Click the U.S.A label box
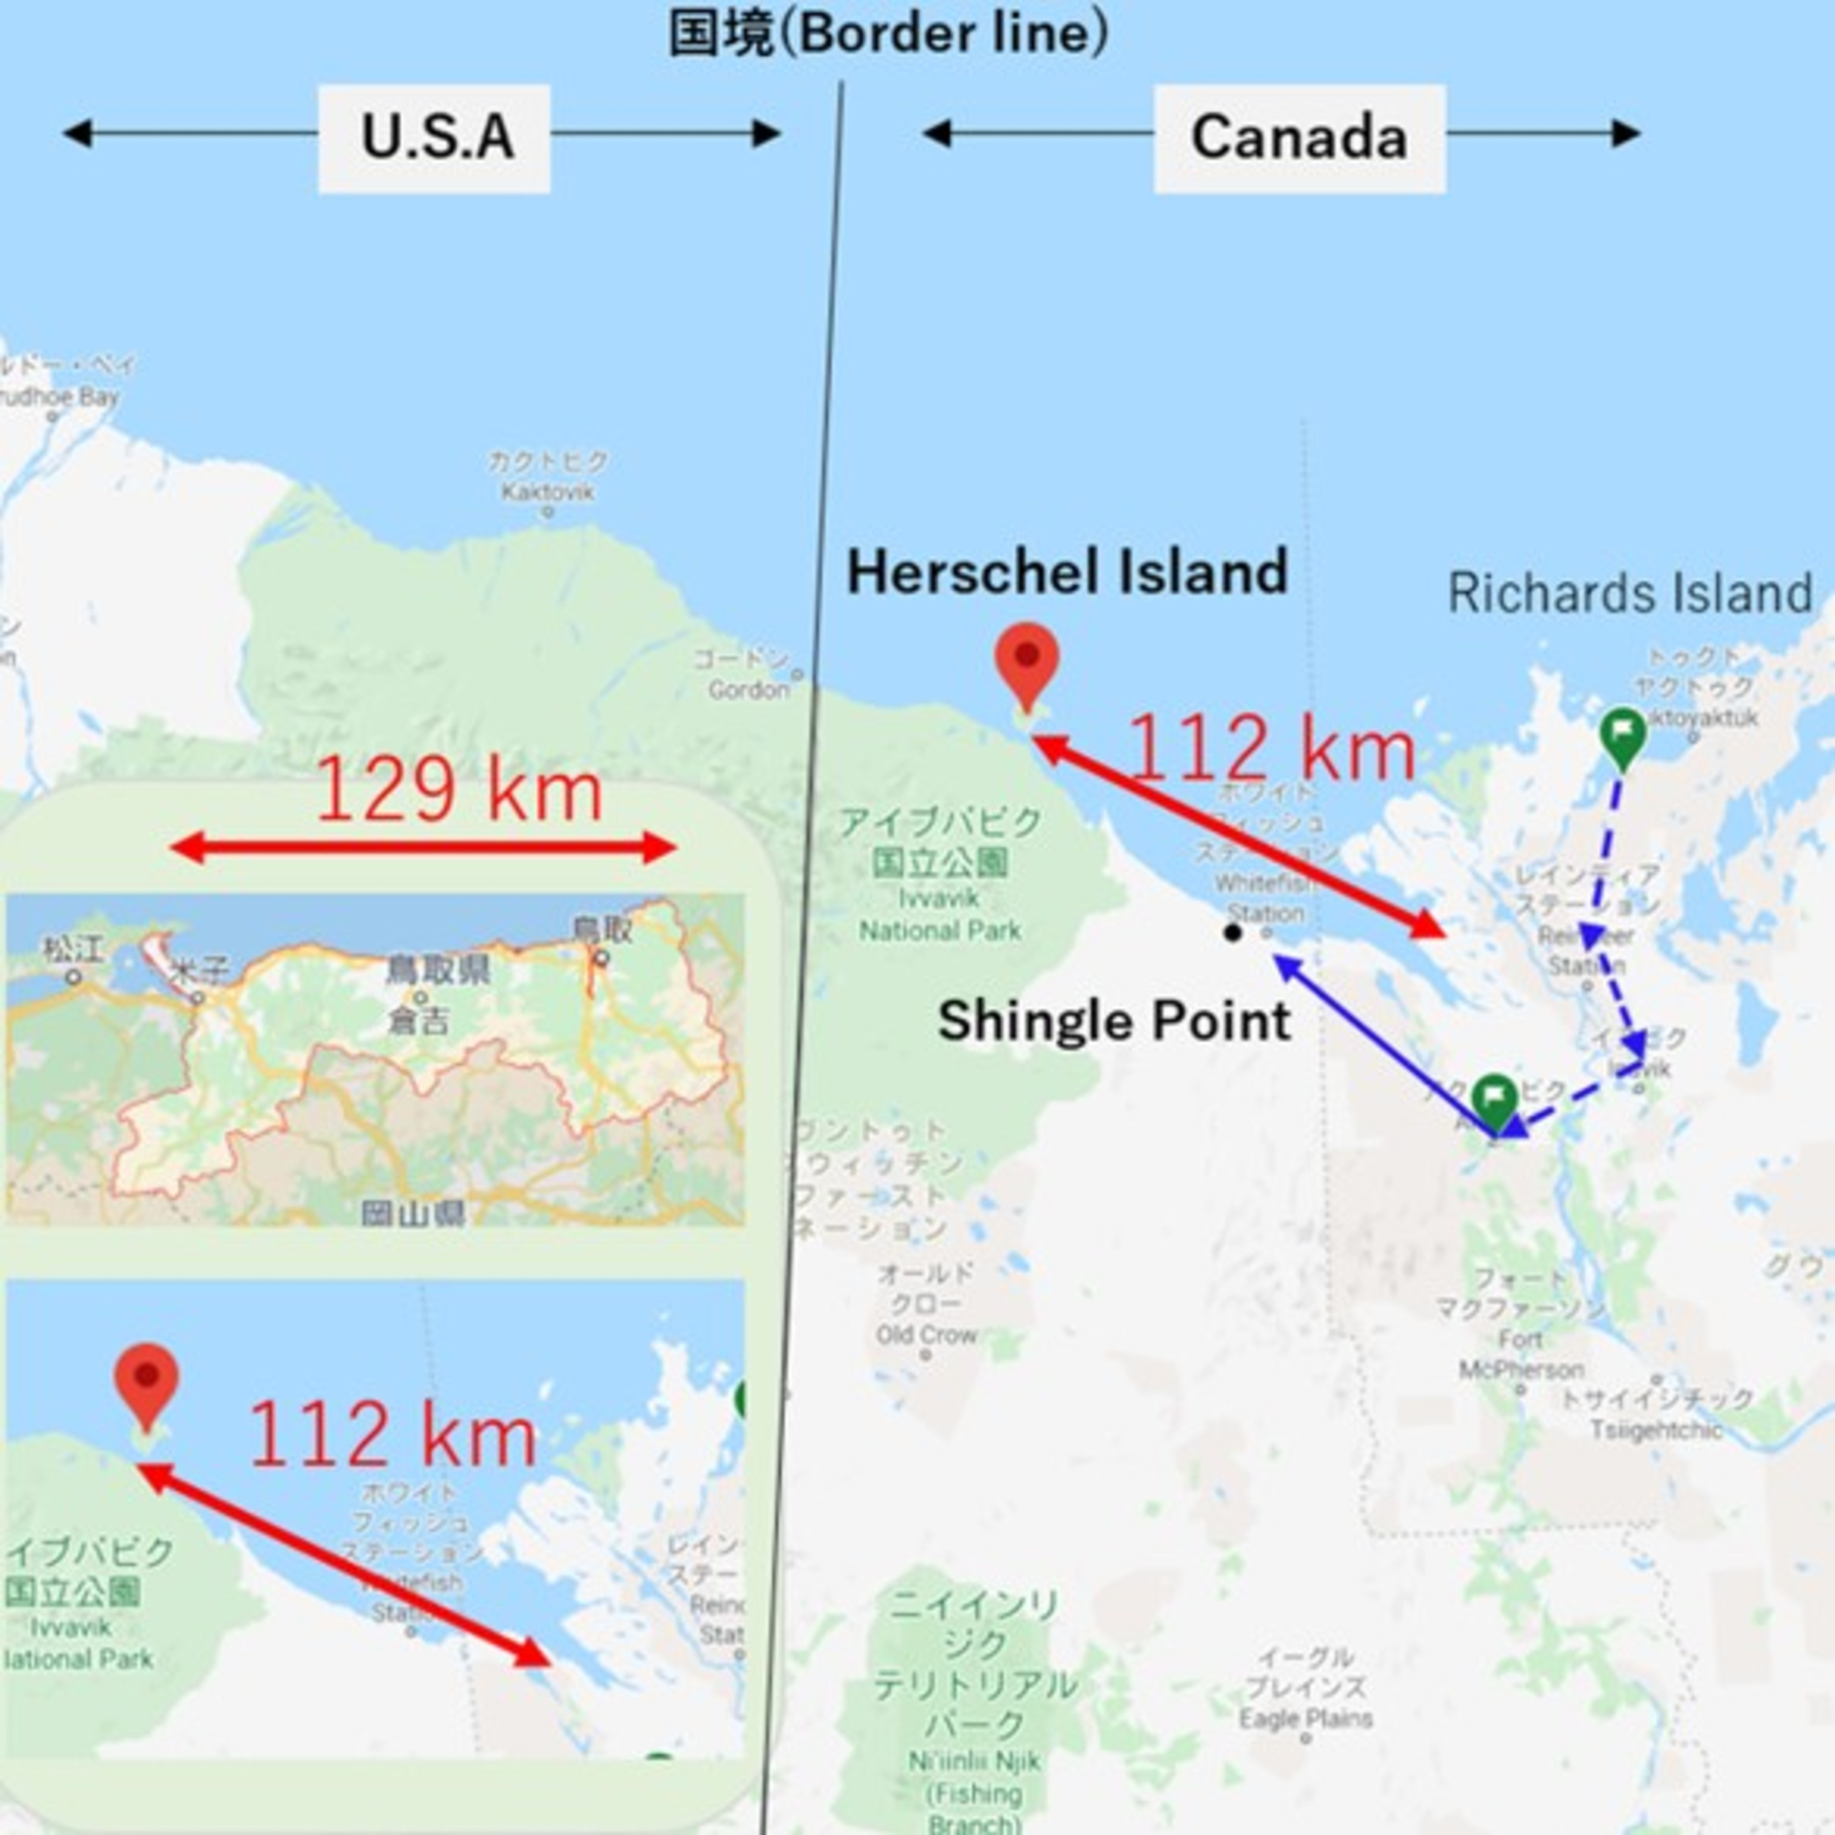(x=434, y=138)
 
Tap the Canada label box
(x=1299, y=138)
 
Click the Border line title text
(x=888, y=34)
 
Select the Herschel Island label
(x=1067, y=572)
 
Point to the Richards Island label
(x=1630, y=593)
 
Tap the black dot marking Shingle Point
(x=1233, y=933)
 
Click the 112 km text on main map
(x=1272, y=749)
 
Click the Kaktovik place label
(x=548, y=491)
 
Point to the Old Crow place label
(x=926, y=1335)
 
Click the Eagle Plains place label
(x=1306, y=1718)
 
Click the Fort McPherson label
(x=1521, y=1354)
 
